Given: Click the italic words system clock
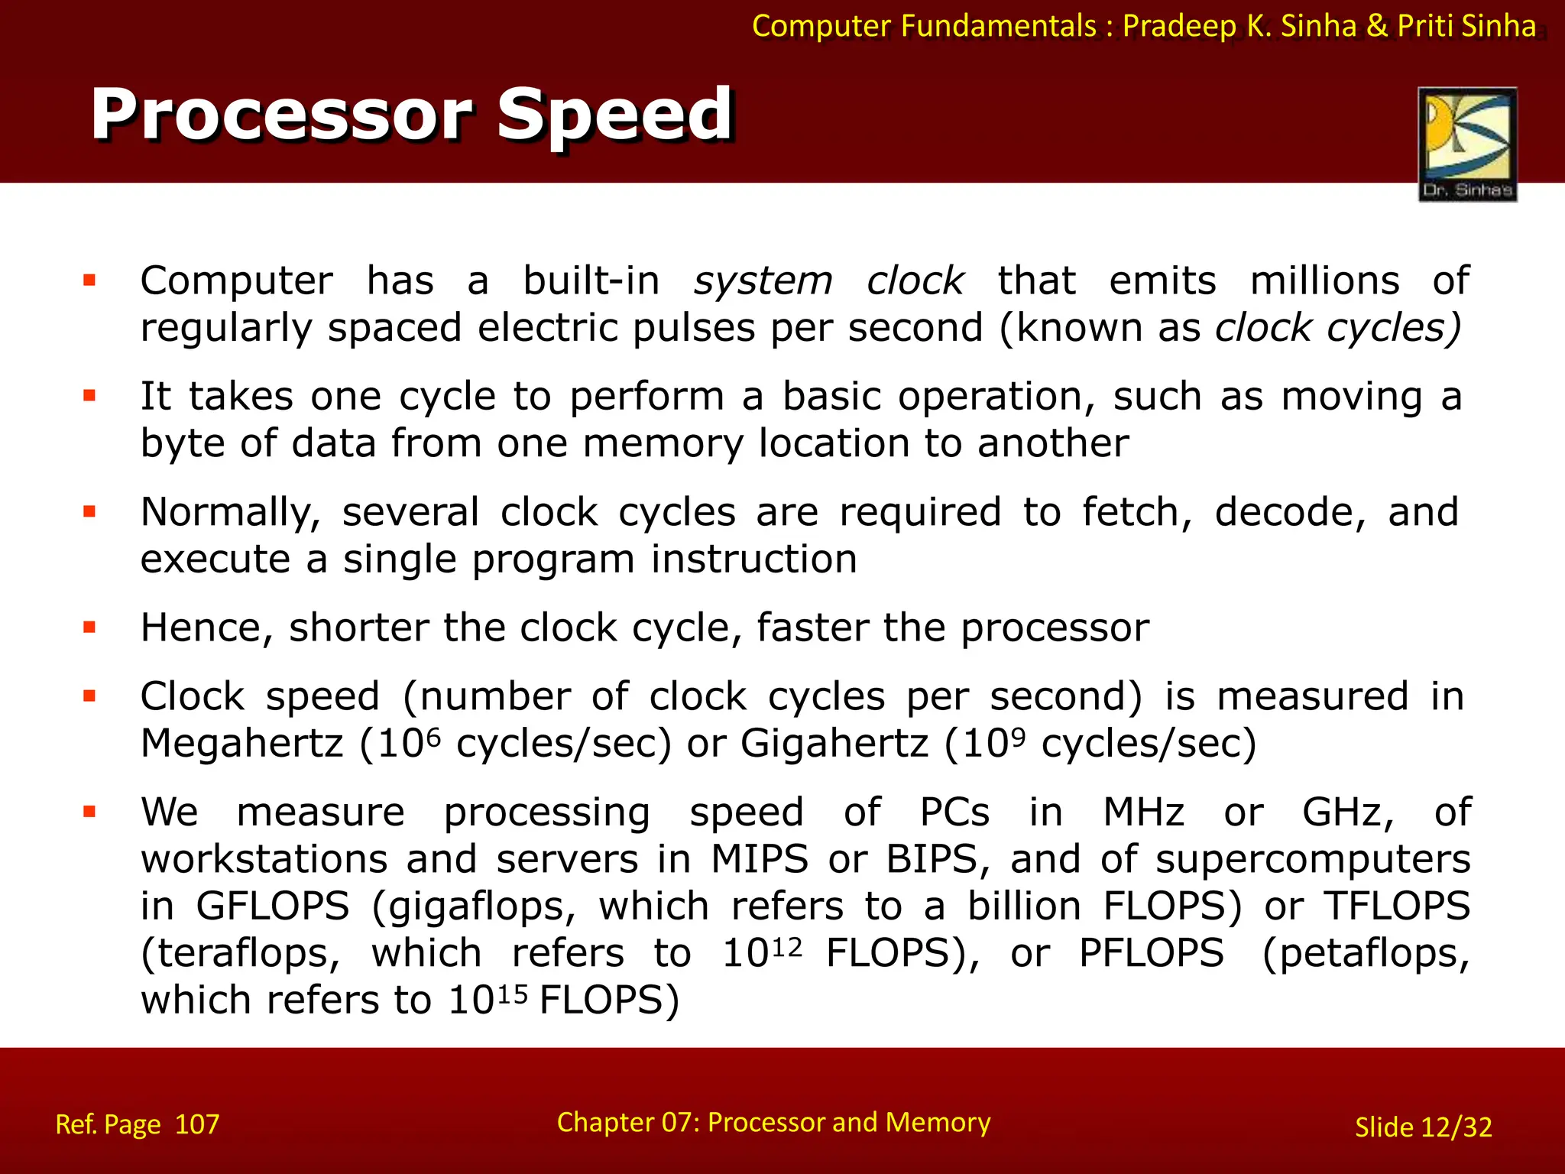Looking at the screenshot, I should point(828,281).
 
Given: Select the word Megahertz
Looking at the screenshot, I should point(242,743).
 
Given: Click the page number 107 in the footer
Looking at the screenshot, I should point(197,1124).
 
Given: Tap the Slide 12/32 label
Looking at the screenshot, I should point(1423,1127).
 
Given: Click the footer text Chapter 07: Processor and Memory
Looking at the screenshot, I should point(773,1122).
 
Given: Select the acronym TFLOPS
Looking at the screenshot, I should point(1397,906).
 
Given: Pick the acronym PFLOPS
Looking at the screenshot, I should point(1151,953).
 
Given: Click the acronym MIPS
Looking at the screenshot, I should point(760,859).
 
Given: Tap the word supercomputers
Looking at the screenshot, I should point(1312,859).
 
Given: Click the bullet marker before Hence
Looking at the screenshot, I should point(89,628).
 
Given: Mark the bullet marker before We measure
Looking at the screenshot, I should point(89,812).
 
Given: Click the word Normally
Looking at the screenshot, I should point(230,512).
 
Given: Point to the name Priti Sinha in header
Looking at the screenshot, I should point(1466,26).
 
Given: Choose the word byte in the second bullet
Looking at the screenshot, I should point(183,444).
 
